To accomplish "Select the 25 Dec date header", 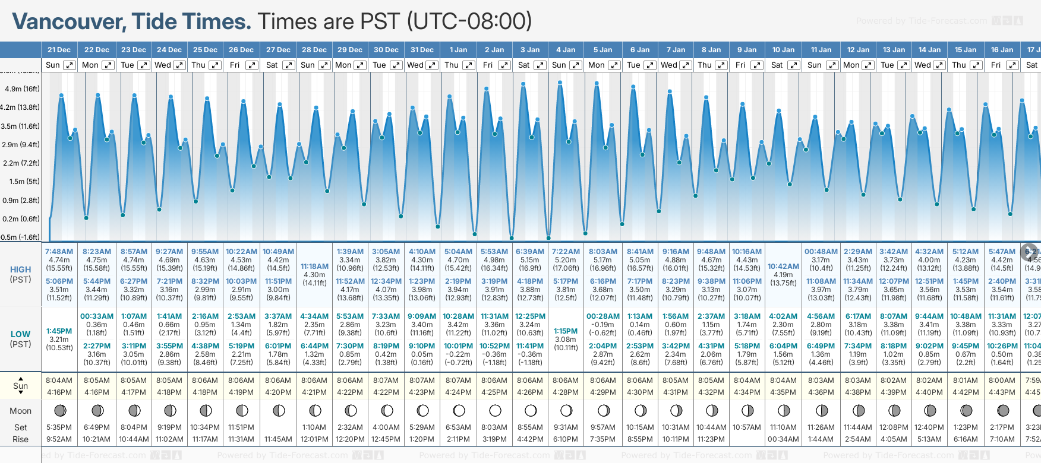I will pyautogui.click(x=206, y=50).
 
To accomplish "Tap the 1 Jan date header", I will pyautogui.click(x=458, y=50).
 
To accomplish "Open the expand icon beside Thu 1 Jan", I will pyautogui.click(x=469, y=65).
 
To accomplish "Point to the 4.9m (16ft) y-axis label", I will pyautogui.click(x=22, y=89).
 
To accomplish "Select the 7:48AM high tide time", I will pyautogui.click(x=59, y=252).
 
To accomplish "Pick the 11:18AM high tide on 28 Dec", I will pyautogui.click(x=314, y=267).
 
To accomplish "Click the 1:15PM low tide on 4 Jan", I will pyautogui.click(x=565, y=331).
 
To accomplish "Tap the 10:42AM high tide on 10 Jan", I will pyautogui.click(x=783, y=267).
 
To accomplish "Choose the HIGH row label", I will pyautogui.click(x=20, y=269).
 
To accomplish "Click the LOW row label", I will pyautogui.click(x=20, y=334).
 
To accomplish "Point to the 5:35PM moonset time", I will pyautogui.click(x=59, y=427).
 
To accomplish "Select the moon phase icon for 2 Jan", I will pyautogui.click(x=494, y=410).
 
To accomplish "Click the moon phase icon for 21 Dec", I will pyautogui.click(x=59, y=410).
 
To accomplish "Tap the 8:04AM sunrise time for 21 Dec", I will pyautogui.click(x=59, y=380).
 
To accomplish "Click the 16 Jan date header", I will pyautogui.click(x=1002, y=50).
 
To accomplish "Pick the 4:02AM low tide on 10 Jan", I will pyautogui.click(x=783, y=316).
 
